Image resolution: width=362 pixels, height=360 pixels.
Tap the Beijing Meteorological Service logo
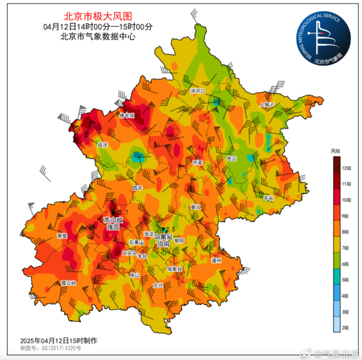click(323, 38)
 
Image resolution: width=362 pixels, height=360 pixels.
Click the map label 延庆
click(103, 145)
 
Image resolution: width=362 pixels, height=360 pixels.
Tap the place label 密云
click(232, 159)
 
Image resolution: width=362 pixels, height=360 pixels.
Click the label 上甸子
click(267, 104)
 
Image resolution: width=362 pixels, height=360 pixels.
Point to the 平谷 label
click(268, 197)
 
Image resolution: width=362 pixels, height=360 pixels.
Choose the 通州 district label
click(217, 260)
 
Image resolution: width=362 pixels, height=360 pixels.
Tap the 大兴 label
click(158, 286)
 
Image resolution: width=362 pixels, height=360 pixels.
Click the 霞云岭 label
click(69, 283)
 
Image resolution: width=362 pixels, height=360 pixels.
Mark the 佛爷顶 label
click(127, 115)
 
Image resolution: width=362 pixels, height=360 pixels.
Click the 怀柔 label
click(198, 162)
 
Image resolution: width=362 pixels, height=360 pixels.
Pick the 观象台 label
click(175, 269)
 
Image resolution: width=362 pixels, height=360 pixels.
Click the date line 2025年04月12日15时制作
click(58, 340)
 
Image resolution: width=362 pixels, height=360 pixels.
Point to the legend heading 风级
click(335, 151)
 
